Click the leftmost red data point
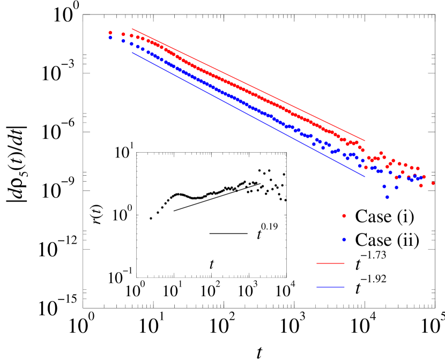pyautogui.click(x=110, y=33)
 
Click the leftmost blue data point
pyautogui.click(x=110, y=37)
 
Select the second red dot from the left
pyautogui.click(x=123, y=34)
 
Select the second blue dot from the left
pyautogui.click(x=123, y=41)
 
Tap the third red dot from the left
pyautogui.click(x=131, y=36)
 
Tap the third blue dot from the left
pyautogui.click(x=131, y=44)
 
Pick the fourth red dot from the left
pyautogui.click(x=138, y=37)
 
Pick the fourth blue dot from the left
pyautogui.click(x=138, y=47)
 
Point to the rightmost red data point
pyautogui.click(x=433, y=183)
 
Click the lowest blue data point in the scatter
pyautogui.click(x=387, y=197)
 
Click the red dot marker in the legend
pyautogui.click(x=344, y=216)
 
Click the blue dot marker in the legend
pyautogui.click(x=344, y=239)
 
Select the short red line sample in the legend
pyautogui.click(x=330, y=263)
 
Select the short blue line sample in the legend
pyautogui.click(x=330, y=287)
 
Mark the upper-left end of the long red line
pyautogui.click(x=132, y=29)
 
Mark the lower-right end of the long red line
pyautogui.click(x=365, y=141)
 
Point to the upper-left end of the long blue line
pyautogui.click(x=132, y=52)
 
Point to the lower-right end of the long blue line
pyautogui.click(x=365, y=176)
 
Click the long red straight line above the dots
pyautogui.click(x=249, y=85)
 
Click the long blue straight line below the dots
pyautogui.click(x=249, y=114)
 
